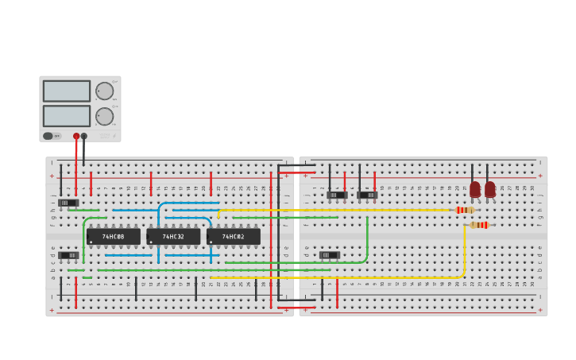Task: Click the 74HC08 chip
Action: [x=113, y=236]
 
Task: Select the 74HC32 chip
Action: [x=173, y=236]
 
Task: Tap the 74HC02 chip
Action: [x=233, y=236]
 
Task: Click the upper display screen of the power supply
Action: [x=67, y=91]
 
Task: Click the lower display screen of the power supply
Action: [x=67, y=116]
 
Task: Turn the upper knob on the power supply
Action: [x=104, y=91]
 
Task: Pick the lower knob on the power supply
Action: [x=104, y=116]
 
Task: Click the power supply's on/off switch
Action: [x=48, y=136]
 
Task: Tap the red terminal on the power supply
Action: [x=76, y=136]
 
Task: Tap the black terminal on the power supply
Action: [x=84, y=136]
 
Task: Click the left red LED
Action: [x=475, y=189]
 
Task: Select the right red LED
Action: [x=490, y=189]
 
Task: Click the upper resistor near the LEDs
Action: [x=466, y=210]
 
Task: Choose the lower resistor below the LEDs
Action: [x=479, y=225]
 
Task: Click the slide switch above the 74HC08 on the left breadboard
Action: [x=69, y=203]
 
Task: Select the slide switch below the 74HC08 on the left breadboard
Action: [x=69, y=255]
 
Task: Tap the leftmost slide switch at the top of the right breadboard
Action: [x=337, y=195]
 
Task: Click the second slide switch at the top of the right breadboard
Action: [x=367, y=195]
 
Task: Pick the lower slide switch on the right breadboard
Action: [x=329, y=255]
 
